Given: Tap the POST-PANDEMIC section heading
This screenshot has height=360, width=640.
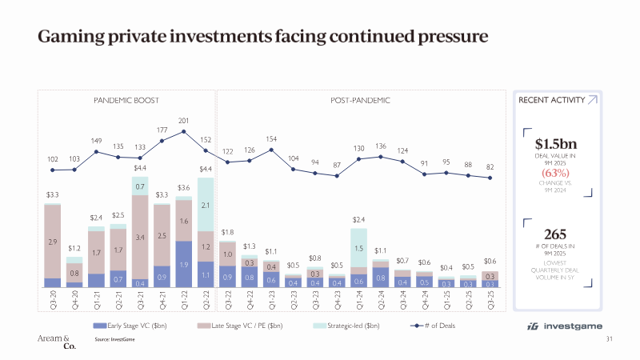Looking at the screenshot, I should (x=360, y=101).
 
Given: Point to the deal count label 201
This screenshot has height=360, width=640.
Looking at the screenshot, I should (x=184, y=120).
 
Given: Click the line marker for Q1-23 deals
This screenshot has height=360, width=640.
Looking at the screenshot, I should (x=271, y=149).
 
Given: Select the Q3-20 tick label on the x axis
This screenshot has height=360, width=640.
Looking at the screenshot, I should (x=54, y=301).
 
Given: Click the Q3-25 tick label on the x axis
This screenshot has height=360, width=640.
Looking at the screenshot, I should (x=490, y=301).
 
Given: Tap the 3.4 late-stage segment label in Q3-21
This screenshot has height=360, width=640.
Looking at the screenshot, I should (x=141, y=237).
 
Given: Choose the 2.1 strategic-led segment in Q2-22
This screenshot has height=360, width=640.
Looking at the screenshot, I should (x=206, y=207).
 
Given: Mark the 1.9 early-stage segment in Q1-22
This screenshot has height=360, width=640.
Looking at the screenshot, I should (x=184, y=264).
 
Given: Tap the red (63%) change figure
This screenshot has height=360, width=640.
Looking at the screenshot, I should (x=556, y=171).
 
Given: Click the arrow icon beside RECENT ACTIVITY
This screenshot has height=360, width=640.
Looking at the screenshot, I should (x=592, y=100).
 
